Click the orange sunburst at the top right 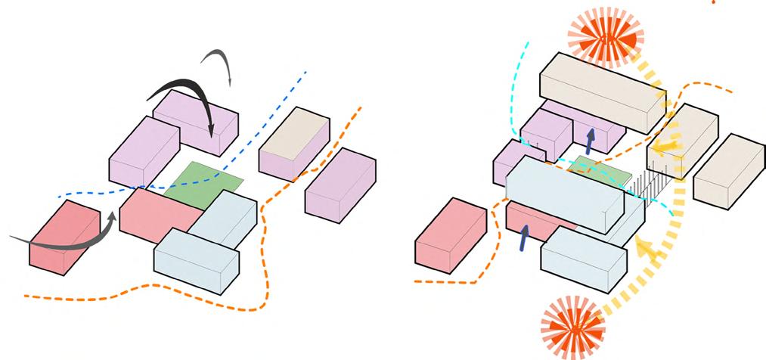[604, 36]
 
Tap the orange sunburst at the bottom [573, 327]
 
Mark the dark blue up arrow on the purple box [591, 139]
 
